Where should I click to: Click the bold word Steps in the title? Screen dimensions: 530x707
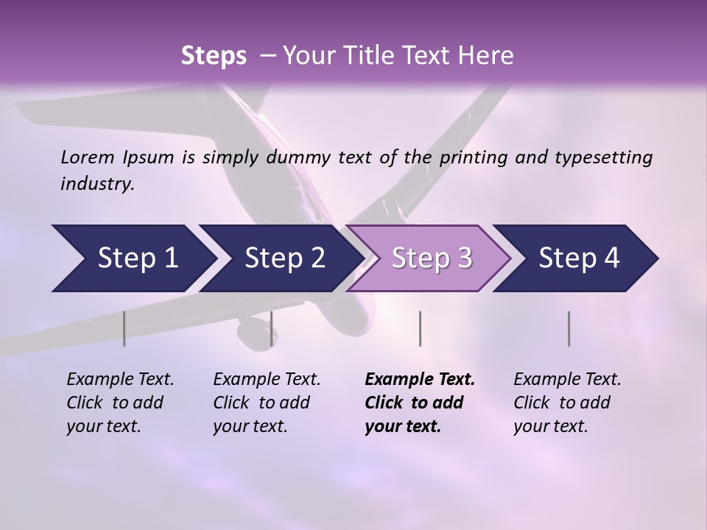click(x=214, y=56)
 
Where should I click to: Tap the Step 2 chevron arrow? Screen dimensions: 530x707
click(x=280, y=258)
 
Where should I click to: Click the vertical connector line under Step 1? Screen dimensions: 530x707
click(x=124, y=328)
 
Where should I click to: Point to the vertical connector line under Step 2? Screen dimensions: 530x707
click(x=272, y=328)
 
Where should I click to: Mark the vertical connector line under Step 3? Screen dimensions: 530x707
click(x=420, y=328)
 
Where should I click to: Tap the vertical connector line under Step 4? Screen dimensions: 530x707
click(x=569, y=328)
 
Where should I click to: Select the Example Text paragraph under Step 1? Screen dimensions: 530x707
click(x=120, y=403)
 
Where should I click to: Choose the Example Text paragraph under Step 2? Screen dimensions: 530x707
click(x=267, y=403)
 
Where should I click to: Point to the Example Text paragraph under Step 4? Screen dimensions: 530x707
click(x=567, y=403)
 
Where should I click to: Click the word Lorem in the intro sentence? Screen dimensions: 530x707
click(x=88, y=158)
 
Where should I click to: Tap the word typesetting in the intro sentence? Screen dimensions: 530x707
click(x=609, y=158)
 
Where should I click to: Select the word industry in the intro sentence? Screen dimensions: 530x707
click(x=96, y=184)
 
